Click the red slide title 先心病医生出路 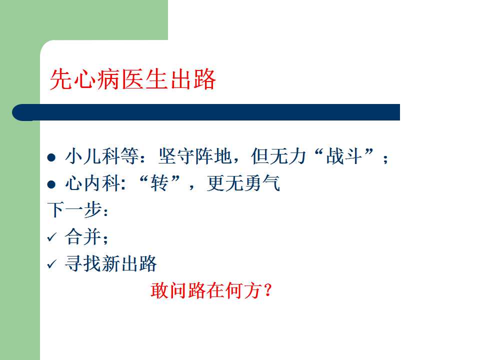[x=133, y=79]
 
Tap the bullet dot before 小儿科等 [x=51, y=157]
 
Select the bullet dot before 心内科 [x=51, y=184]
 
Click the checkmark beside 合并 [x=52, y=237]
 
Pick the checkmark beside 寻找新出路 [x=52, y=264]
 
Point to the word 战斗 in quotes [x=344, y=156]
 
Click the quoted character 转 [x=159, y=183]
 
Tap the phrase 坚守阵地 [x=194, y=156]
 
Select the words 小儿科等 [x=102, y=156]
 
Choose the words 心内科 [x=93, y=183]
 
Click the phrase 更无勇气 [x=243, y=183]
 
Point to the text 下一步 [x=74, y=210]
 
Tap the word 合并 [x=83, y=236]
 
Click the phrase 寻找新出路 [x=111, y=263]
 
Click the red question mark [x=267, y=290]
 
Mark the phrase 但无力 [x=278, y=156]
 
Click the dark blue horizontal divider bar [x=206, y=112]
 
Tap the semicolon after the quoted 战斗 [x=385, y=158]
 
